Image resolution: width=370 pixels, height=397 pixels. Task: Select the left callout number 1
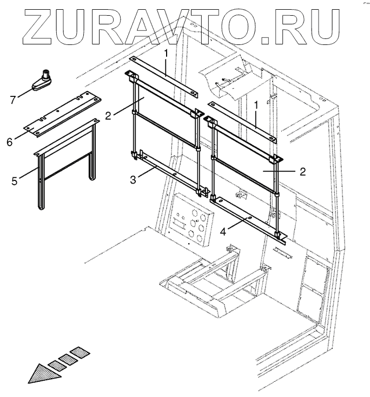tap(167, 53)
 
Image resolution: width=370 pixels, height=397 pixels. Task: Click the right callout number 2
tap(303, 171)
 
